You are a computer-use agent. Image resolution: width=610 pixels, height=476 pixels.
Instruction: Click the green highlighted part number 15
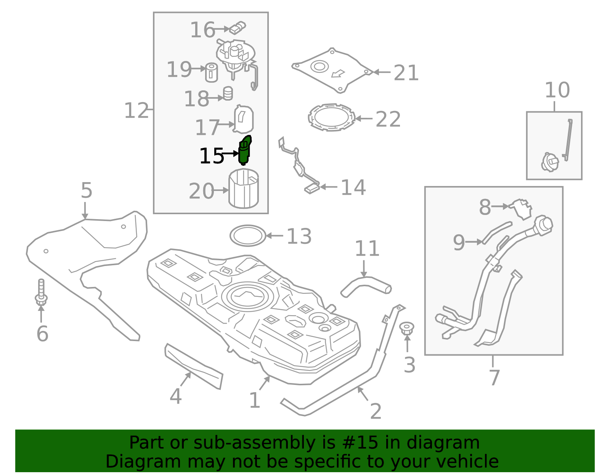pos(244,151)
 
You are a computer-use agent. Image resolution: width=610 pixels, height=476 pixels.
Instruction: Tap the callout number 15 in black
pos(211,156)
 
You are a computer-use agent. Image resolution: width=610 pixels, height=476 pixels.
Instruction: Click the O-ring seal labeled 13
pos(248,236)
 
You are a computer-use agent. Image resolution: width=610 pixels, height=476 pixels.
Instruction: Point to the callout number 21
pos(406,73)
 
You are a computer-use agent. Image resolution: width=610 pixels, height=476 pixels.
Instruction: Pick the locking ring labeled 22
pos(331,117)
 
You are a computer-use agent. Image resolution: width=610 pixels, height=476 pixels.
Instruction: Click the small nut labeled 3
pos(407,328)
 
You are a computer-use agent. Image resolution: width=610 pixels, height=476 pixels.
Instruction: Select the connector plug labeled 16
pos(238,27)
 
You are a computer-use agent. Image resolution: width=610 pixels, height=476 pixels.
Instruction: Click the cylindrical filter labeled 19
pos(212,72)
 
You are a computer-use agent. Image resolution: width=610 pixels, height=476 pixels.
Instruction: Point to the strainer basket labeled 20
pos(243,189)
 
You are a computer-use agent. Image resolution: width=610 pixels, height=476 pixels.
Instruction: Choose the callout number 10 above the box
pos(557,90)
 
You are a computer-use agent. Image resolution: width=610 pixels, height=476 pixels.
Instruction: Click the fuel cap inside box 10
pos(549,162)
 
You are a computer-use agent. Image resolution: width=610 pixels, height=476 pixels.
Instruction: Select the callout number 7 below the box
pos(494,378)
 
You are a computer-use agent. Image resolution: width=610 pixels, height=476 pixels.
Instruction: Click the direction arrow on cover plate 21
pos(338,73)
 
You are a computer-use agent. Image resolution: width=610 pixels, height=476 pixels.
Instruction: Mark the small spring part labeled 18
pos(228,93)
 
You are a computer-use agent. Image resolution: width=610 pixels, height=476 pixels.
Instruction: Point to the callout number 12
pos(136,111)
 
